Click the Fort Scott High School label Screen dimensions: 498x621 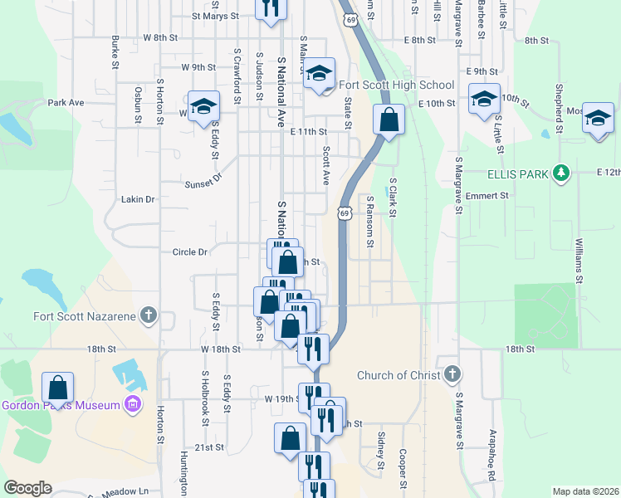pos(397,85)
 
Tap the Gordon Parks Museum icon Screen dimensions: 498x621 pos(131,404)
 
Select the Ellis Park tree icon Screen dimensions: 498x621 pos(563,172)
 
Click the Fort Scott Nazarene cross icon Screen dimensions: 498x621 pos(148,315)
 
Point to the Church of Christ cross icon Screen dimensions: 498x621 pos(452,374)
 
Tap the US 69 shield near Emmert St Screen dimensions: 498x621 pos(343,213)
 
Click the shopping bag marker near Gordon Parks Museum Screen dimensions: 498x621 pos(57,387)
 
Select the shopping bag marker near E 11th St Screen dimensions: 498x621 pos(388,120)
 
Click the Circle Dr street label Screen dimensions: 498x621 pos(189,251)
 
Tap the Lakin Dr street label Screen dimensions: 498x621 pos(138,199)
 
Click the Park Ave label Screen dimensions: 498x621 pos(66,103)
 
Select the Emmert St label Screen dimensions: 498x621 pos(487,196)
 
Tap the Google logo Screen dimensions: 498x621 pos(27,488)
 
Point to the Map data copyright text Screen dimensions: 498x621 pos(585,491)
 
